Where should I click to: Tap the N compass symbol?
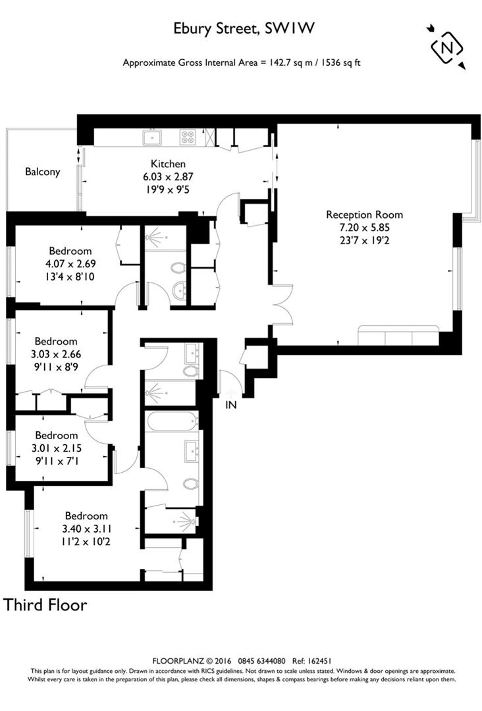(x=446, y=47)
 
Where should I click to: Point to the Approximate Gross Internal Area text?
(x=242, y=63)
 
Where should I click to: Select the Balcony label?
(x=43, y=172)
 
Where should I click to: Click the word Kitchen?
(x=169, y=164)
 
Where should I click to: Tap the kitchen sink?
(x=153, y=137)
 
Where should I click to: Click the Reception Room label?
(x=364, y=215)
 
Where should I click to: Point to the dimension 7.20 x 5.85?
(x=364, y=227)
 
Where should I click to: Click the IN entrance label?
(x=230, y=404)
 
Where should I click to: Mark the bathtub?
(x=171, y=420)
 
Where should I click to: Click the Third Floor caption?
(x=45, y=604)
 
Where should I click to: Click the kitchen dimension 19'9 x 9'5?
(x=169, y=189)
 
